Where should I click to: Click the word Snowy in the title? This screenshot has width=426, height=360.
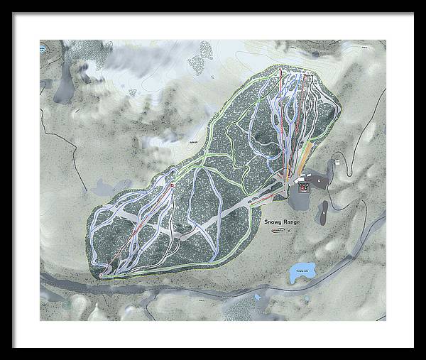[275, 222]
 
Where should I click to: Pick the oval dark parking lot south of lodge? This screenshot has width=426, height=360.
[324, 211]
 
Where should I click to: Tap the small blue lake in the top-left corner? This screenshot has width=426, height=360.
[43, 50]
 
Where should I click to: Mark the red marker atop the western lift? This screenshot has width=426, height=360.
[171, 185]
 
